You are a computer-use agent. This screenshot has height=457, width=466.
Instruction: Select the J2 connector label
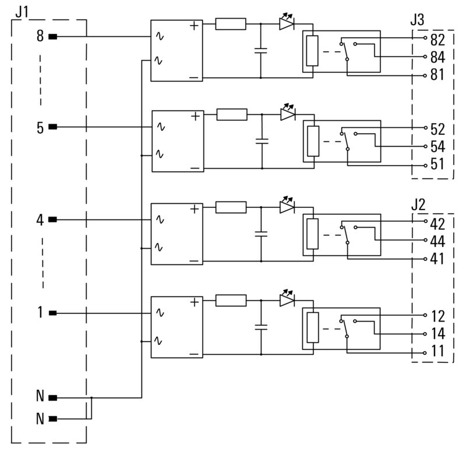pos(418,205)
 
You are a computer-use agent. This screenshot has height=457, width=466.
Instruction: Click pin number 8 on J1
pos(40,37)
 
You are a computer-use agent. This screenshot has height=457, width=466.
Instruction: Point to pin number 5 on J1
pos(40,128)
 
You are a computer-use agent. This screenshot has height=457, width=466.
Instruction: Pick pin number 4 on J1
pos(40,221)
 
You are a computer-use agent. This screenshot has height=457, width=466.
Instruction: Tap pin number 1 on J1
pos(40,313)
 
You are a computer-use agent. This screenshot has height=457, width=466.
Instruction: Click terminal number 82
pos(437,41)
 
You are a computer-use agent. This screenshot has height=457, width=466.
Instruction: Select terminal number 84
pos(437,58)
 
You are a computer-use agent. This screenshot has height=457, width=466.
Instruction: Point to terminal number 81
pos(437,75)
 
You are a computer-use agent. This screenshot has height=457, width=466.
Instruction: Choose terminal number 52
pos(437,129)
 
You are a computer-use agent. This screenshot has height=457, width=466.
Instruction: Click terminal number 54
pos(437,146)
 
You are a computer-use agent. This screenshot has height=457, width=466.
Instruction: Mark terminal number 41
pos(437,259)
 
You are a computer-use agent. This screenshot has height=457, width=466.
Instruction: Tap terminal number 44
pos(437,241)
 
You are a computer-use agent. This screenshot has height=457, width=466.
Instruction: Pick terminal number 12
pos(437,316)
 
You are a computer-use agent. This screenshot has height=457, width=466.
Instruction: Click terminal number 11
pos(437,351)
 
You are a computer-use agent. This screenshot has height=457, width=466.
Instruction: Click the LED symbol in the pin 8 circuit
pos(287,24)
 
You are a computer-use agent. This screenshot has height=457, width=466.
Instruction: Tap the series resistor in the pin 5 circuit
pos(232,115)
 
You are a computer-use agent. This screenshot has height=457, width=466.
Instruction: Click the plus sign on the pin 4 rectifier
pos(194,209)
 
